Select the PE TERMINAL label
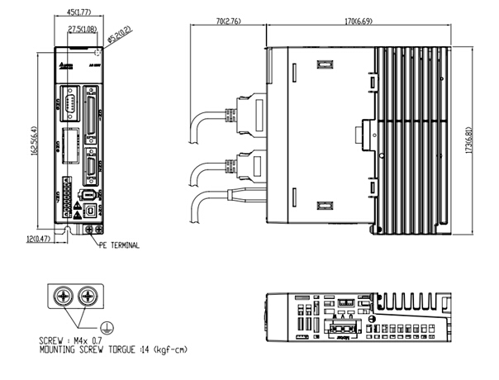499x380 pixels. click(120, 245)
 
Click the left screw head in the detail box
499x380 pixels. click(64, 295)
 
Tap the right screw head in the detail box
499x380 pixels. click(88, 295)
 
